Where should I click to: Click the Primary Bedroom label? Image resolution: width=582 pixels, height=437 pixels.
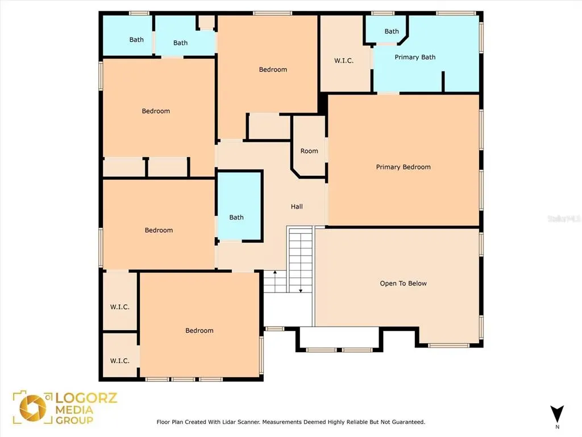(x=403, y=167)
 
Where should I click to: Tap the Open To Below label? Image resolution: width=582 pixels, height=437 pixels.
(x=403, y=283)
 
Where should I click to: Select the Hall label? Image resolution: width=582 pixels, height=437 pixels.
(x=297, y=207)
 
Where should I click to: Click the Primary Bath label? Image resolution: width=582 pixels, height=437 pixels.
(x=415, y=57)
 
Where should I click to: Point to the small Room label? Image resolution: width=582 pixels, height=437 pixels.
(x=309, y=151)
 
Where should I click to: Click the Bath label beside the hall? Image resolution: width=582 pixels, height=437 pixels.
(x=236, y=217)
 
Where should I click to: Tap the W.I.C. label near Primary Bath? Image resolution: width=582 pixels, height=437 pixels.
(x=344, y=60)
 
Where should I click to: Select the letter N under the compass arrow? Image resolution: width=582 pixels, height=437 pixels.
(x=557, y=427)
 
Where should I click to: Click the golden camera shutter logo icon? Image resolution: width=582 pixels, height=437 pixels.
(x=32, y=407)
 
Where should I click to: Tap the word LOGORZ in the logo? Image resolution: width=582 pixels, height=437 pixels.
(x=86, y=398)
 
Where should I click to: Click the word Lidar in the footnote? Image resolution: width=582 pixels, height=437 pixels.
(x=230, y=422)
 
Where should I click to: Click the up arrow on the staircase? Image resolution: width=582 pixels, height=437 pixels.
(x=275, y=281)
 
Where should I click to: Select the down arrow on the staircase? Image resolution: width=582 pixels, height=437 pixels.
(x=301, y=281)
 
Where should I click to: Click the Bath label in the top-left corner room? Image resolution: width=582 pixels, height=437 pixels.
(x=136, y=40)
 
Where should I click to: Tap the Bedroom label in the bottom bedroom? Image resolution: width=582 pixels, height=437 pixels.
(x=199, y=331)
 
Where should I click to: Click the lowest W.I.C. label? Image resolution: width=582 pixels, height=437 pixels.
(x=119, y=361)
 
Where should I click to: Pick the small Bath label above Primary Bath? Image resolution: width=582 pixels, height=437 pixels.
(x=392, y=32)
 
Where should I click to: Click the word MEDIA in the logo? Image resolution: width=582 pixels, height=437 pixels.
(x=74, y=410)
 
